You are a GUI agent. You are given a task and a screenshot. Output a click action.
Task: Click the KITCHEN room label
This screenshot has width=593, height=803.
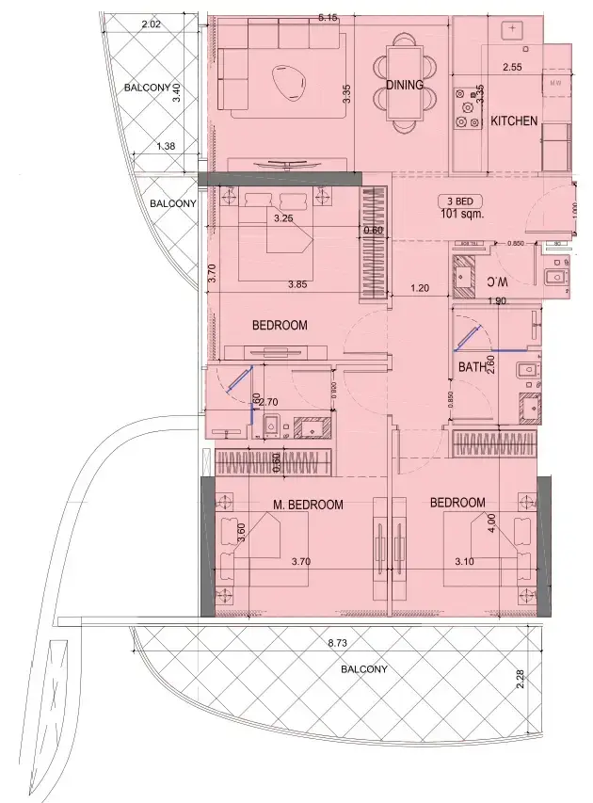coord(514,121)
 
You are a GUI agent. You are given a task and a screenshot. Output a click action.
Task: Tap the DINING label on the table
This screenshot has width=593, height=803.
coord(405,85)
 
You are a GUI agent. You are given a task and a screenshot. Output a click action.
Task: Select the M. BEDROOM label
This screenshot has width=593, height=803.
coord(308,505)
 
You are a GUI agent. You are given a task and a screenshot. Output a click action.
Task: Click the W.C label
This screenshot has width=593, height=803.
coord(497,281)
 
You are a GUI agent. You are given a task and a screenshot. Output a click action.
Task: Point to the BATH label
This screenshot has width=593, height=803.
coord(472,368)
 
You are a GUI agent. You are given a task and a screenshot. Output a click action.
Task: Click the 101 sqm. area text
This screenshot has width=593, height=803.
coord(461,214)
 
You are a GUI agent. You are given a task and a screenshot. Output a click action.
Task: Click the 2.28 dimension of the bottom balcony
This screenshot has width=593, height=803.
coord(521,678)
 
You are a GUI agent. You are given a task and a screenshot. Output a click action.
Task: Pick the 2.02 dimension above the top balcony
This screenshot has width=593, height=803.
coord(150,25)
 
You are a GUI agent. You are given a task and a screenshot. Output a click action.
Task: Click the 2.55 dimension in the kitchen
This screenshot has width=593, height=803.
coord(512,68)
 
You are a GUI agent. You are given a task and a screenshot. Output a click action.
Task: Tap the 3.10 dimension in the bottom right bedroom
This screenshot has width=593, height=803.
coord(465,562)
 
